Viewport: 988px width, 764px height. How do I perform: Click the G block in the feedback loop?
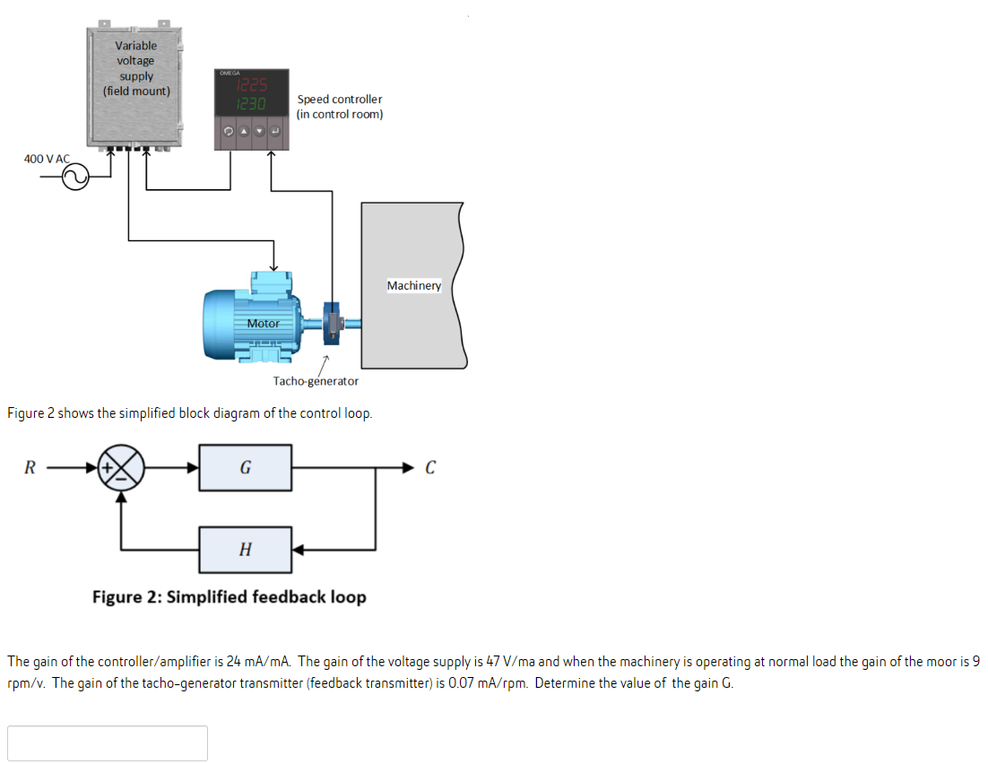pos(245,467)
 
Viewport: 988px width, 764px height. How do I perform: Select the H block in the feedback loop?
pos(245,549)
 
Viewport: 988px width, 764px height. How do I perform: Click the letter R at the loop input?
pos(30,467)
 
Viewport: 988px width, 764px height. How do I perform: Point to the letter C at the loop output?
pos(430,467)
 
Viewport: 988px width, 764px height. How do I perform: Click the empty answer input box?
pos(108,742)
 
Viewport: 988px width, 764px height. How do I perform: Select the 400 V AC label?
pos(46,159)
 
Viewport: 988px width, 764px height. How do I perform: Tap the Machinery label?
pos(413,285)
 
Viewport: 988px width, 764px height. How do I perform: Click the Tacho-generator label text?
pos(316,381)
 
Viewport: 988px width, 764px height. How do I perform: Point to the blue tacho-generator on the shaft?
pos(332,323)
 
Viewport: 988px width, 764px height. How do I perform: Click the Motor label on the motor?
pos(263,323)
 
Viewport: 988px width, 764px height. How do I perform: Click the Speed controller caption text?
pos(340,107)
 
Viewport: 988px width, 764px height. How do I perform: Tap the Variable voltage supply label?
pos(136,67)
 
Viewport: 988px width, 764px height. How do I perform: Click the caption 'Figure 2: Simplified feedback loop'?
pos(229,597)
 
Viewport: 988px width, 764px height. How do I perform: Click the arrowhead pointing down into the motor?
pos(274,265)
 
